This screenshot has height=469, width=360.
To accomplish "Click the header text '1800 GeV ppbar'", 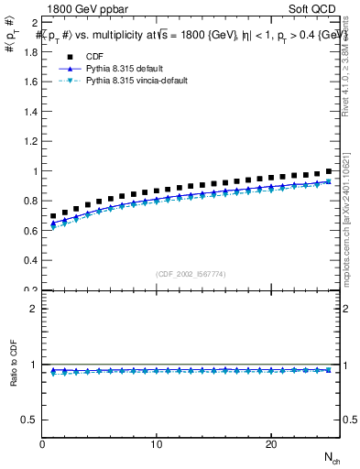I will tap(85, 8).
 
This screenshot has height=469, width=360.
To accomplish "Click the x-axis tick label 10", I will tap(157, 444).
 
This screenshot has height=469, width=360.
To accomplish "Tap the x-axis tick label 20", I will tap(271, 444).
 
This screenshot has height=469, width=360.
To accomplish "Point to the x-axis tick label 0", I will tap(42, 444).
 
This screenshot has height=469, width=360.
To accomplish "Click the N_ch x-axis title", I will tap(332, 457).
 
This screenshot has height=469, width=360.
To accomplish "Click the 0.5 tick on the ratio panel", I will tap(29, 420).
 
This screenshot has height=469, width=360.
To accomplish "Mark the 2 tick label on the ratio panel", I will tap(34, 309).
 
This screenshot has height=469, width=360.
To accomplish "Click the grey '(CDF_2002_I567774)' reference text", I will tap(191, 274).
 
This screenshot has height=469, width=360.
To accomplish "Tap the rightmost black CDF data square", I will tap(328, 171).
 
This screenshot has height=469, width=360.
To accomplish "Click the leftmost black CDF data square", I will tap(54, 216).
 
